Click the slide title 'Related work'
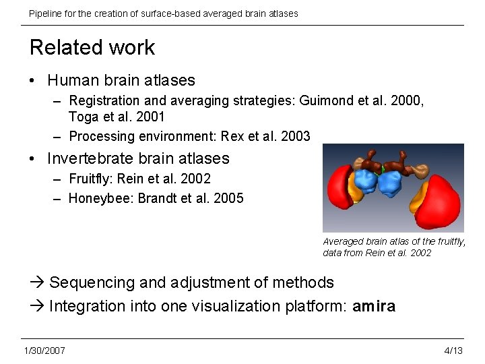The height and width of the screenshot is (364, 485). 92,47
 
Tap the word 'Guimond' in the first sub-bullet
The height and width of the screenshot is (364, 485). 329,100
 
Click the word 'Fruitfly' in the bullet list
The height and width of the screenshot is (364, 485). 91,179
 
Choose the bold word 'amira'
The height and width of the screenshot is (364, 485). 374,306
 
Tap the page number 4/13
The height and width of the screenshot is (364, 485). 453,350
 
